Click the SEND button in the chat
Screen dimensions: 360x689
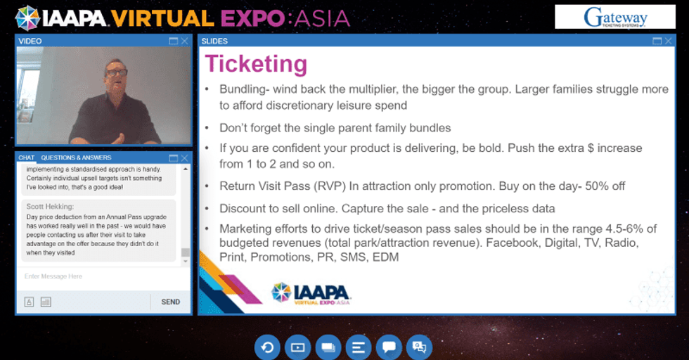170,302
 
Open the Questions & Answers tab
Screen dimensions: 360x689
76,157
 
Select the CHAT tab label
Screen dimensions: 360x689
27,157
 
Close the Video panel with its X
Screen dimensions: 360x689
185,41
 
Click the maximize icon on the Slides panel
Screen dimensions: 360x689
656,41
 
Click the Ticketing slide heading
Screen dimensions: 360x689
256,64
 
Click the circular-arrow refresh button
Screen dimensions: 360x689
267,347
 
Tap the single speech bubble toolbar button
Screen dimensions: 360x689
389,347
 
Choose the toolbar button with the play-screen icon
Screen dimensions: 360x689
297,347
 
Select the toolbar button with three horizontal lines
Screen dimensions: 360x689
359,347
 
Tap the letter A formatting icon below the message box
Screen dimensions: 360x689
30,302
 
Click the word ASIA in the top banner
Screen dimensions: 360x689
320,17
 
